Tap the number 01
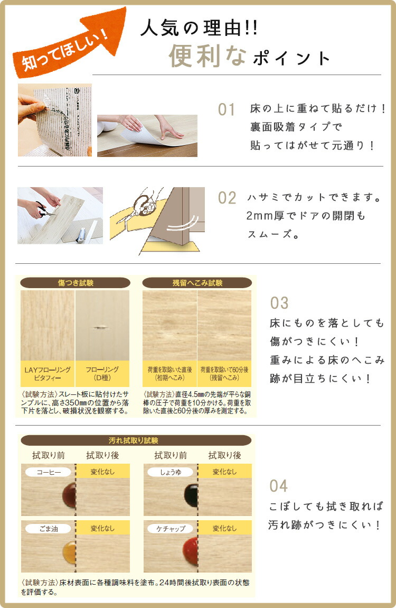point(227,110)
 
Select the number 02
point(227,198)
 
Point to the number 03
point(279,303)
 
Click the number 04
point(278,485)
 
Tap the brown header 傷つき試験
point(75,283)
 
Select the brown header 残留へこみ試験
point(197,283)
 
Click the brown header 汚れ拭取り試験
point(136,440)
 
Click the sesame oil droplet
point(69,551)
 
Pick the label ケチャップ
point(171,528)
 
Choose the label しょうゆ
point(171,472)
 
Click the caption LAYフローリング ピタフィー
point(48,374)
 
